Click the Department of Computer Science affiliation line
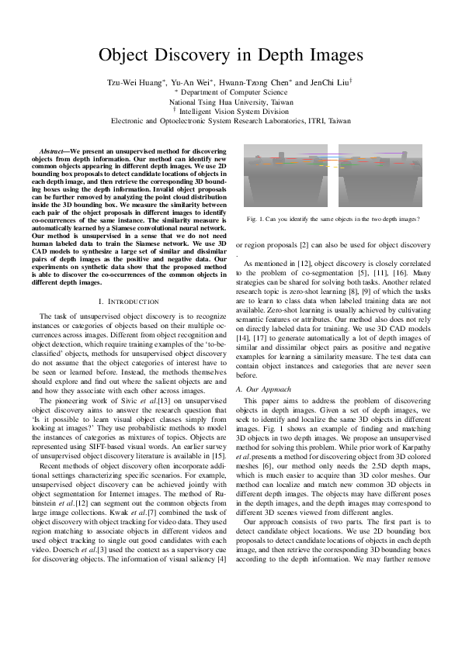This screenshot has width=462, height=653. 231,91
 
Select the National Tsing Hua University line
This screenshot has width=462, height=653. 231,101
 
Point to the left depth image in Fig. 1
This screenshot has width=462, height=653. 288,174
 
